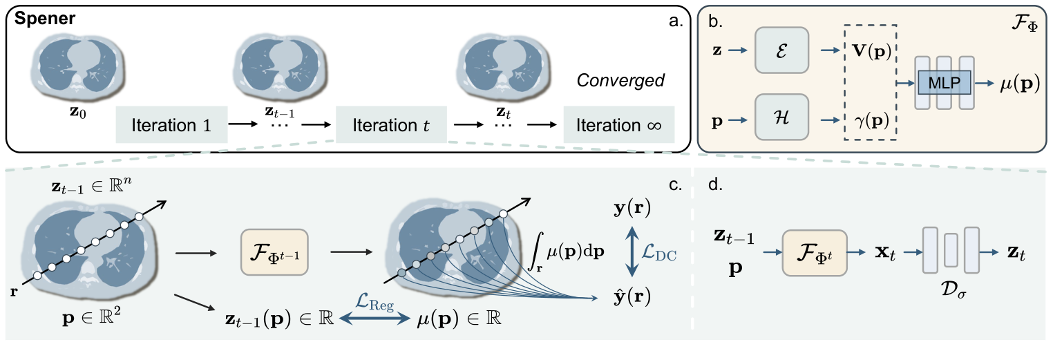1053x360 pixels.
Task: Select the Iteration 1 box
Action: tap(171, 125)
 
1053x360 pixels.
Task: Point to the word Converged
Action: tap(620, 81)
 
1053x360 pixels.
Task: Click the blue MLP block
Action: tap(945, 82)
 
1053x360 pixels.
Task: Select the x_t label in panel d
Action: tap(882, 256)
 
